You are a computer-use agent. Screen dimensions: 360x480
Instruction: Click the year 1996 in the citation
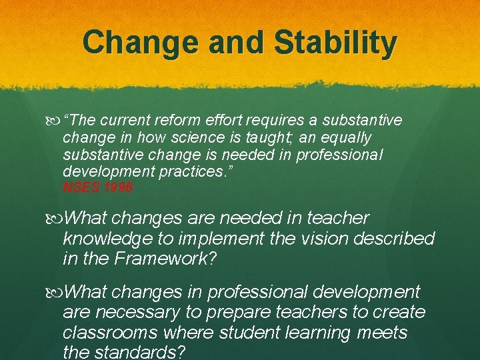pos(119,188)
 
